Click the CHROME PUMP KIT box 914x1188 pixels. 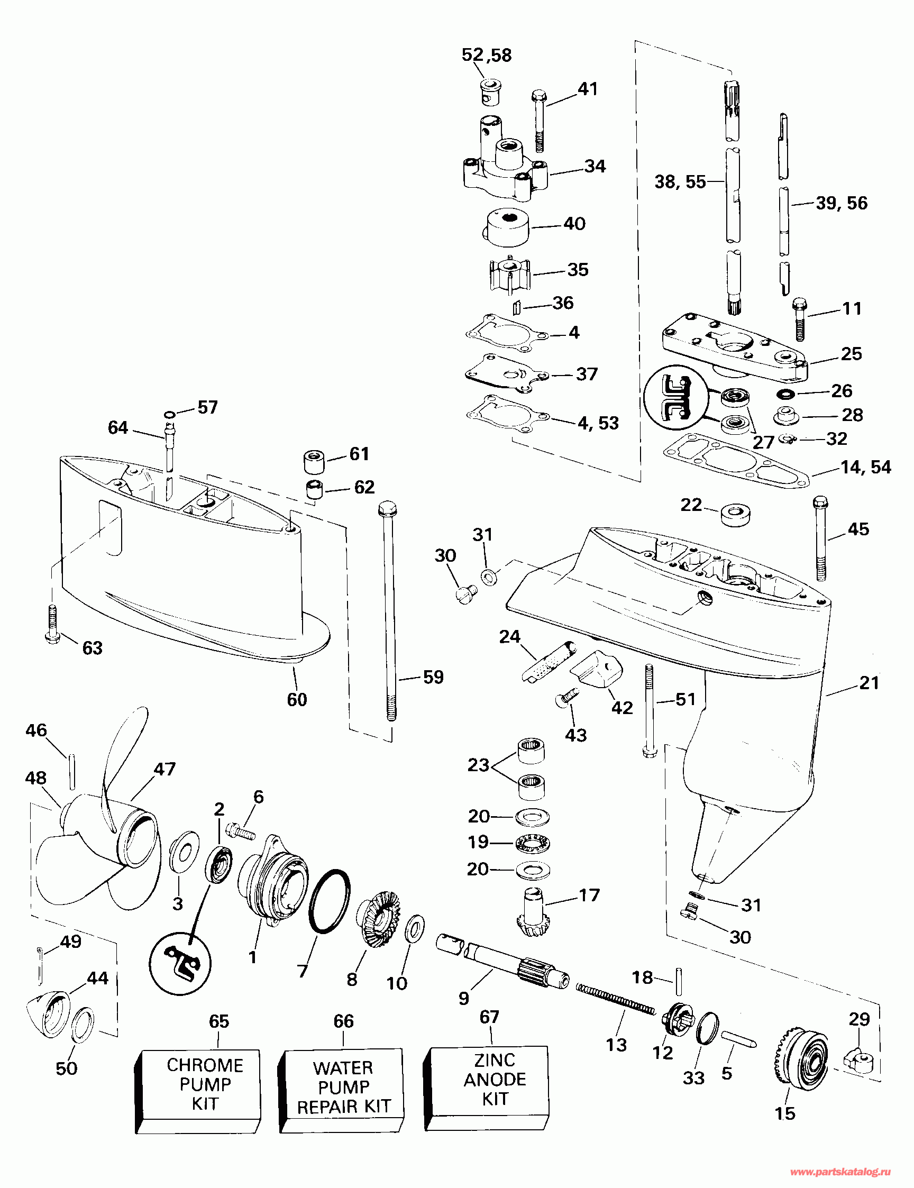[x=197, y=1091]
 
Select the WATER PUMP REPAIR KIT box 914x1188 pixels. [x=341, y=1091]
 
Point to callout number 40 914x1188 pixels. [x=574, y=224]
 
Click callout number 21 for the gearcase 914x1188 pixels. [x=870, y=683]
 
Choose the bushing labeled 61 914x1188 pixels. [x=313, y=462]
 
